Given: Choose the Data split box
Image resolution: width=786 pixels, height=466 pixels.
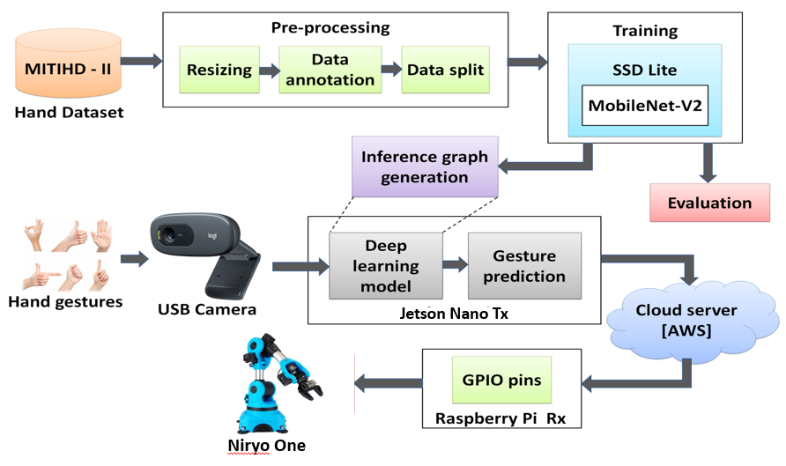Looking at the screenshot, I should click(x=444, y=70).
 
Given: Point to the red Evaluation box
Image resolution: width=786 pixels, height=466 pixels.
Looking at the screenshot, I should click(x=709, y=203).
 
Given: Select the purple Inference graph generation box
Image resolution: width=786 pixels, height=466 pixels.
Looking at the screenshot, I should click(x=425, y=166).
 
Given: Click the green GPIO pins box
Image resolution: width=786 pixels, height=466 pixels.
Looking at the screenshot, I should click(x=501, y=381).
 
